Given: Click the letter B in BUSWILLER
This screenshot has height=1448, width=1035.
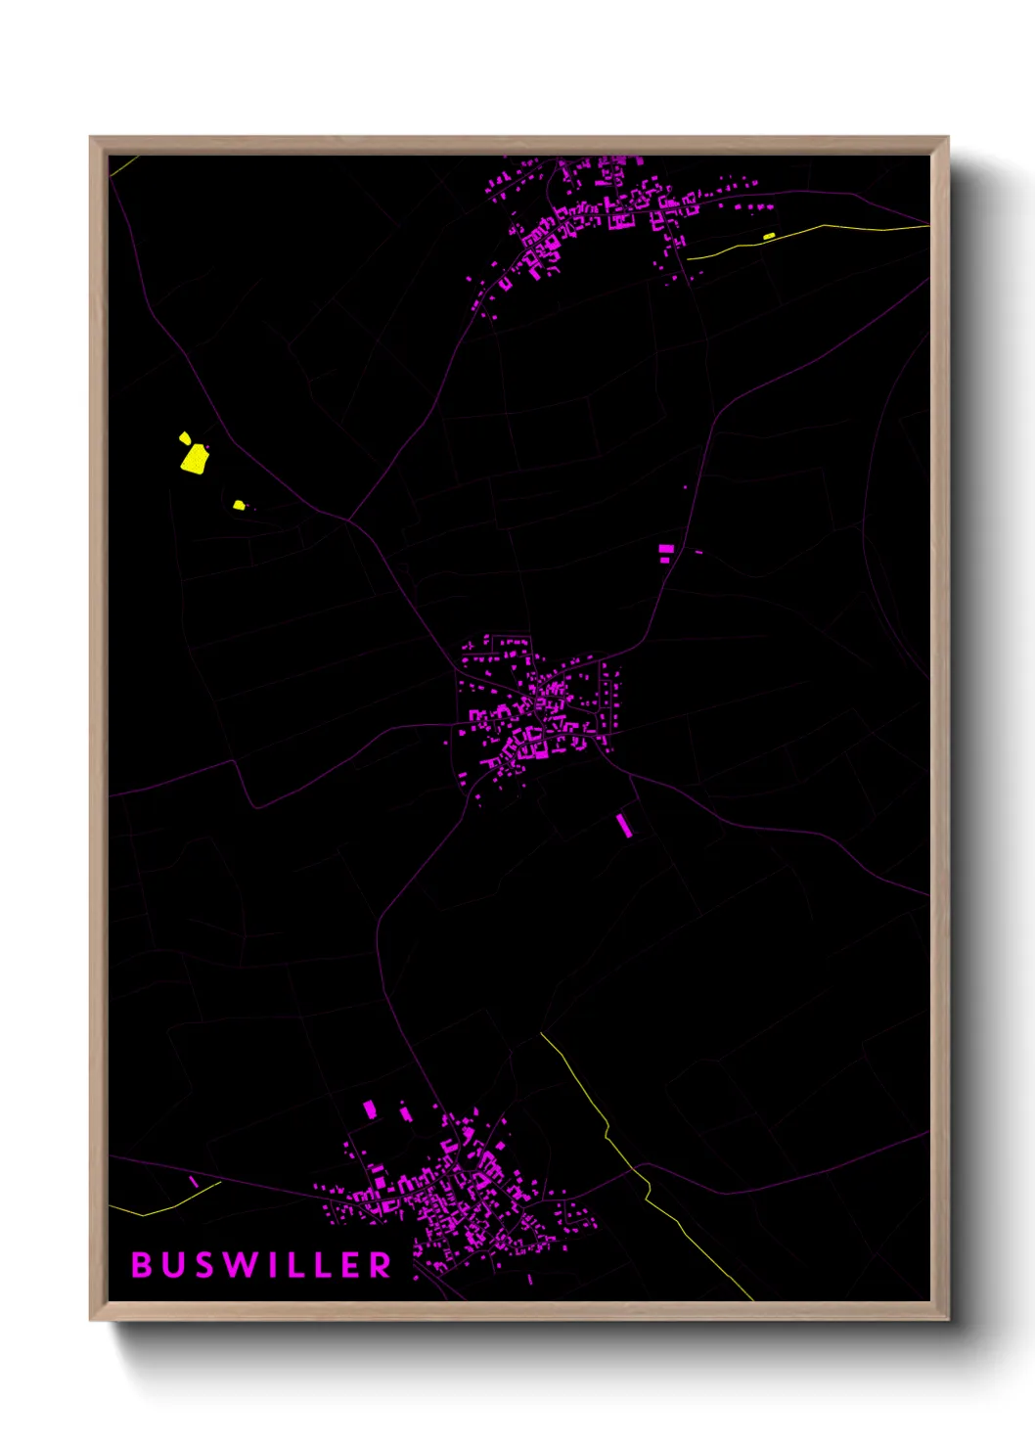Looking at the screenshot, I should [x=142, y=1265].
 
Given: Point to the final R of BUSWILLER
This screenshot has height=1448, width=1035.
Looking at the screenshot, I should [x=380, y=1265].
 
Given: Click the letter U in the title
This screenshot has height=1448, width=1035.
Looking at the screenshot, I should [x=172, y=1265].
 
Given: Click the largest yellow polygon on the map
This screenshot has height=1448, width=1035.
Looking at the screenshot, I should [x=194, y=459].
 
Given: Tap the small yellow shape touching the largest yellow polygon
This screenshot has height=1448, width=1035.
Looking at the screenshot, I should [x=184, y=437].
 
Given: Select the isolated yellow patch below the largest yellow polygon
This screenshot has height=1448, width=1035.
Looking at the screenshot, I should [x=239, y=505].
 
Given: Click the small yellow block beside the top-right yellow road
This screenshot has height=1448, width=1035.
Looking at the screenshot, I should [x=769, y=236].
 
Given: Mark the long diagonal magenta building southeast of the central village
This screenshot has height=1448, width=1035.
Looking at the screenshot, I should [x=623, y=825].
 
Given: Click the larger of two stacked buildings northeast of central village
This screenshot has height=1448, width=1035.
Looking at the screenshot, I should [x=666, y=549].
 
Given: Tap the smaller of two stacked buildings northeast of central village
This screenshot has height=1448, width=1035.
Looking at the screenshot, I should [x=666, y=561].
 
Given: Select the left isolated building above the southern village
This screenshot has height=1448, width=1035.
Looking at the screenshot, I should [x=370, y=1109].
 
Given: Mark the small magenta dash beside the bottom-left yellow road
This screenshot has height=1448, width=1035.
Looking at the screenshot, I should [x=194, y=1183].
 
